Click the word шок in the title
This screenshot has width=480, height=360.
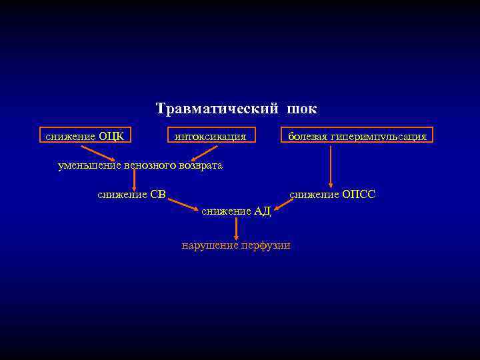tap(303, 109)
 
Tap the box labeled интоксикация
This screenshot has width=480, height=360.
tap(210, 137)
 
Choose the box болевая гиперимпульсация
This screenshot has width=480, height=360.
tap(357, 137)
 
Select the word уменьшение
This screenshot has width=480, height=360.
tap(85, 165)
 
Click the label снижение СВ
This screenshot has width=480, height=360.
tap(131, 195)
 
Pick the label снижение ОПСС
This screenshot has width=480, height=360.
tap(332, 195)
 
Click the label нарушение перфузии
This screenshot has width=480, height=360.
tap(236, 245)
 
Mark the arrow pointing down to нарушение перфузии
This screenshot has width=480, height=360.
tap(236, 229)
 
